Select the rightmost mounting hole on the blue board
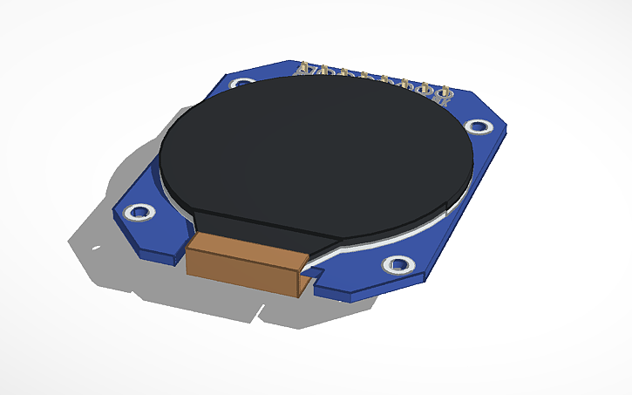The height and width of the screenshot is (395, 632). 477,126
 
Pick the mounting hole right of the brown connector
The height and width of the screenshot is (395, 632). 397,263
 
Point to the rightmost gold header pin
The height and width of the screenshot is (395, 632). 445,92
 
